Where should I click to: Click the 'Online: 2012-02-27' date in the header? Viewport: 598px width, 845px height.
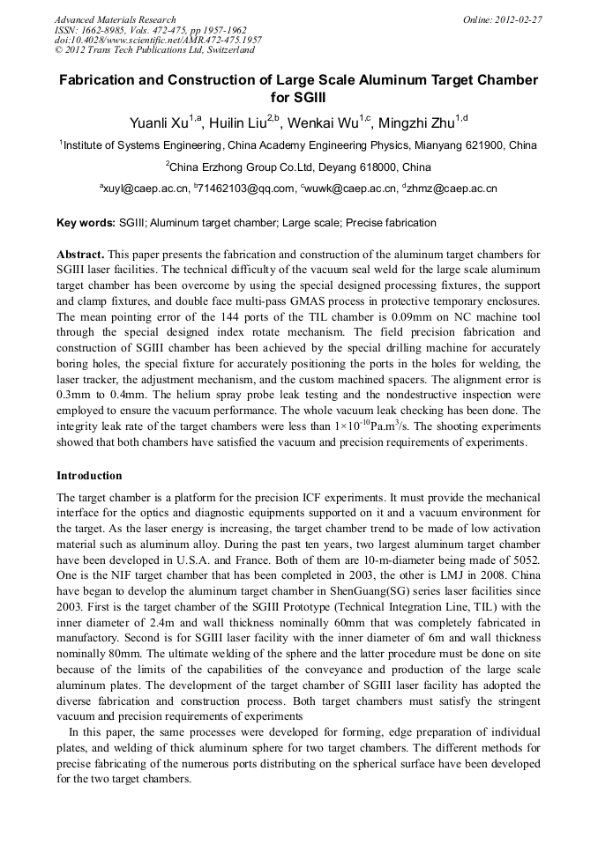[x=502, y=19]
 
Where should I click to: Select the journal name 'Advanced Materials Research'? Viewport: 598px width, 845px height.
[x=115, y=19]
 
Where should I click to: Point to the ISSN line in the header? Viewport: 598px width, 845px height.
[x=149, y=30]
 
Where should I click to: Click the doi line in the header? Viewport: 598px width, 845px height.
[x=157, y=41]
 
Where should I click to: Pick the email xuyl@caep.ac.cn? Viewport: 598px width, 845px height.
[x=146, y=189]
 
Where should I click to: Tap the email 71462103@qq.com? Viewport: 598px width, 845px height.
[x=247, y=189]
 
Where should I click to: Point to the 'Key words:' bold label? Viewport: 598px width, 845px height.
[x=86, y=223]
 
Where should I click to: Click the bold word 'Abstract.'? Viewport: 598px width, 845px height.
[x=82, y=254]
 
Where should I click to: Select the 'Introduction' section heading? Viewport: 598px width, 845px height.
[x=89, y=476]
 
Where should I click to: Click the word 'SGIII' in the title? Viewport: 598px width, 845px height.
[x=298, y=98]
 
